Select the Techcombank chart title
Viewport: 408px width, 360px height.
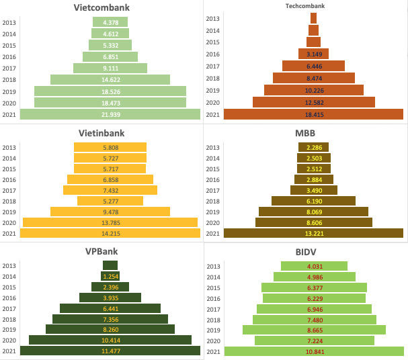coord(313,6)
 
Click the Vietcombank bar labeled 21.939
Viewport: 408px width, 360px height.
coord(110,114)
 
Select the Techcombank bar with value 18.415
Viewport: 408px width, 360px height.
coord(313,114)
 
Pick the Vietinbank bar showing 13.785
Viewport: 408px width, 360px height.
coord(110,222)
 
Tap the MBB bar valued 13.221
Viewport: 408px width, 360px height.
coord(313,234)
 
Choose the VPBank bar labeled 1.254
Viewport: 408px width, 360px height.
coord(110,276)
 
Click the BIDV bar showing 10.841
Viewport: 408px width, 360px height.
coord(313,351)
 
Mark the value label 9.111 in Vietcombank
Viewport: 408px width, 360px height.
coord(110,68)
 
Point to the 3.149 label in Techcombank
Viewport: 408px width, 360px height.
coord(313,54)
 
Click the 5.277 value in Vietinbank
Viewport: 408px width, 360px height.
coord(110,201)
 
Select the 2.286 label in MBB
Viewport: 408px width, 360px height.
coord(313,147)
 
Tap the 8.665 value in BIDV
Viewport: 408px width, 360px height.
coord(313,329)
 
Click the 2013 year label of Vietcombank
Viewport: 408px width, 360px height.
coord(9,22)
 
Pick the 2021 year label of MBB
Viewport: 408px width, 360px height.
coord(212,234)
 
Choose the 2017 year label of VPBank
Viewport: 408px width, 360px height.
coord(9,308)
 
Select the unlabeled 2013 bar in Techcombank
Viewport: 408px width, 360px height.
coord(313,19)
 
